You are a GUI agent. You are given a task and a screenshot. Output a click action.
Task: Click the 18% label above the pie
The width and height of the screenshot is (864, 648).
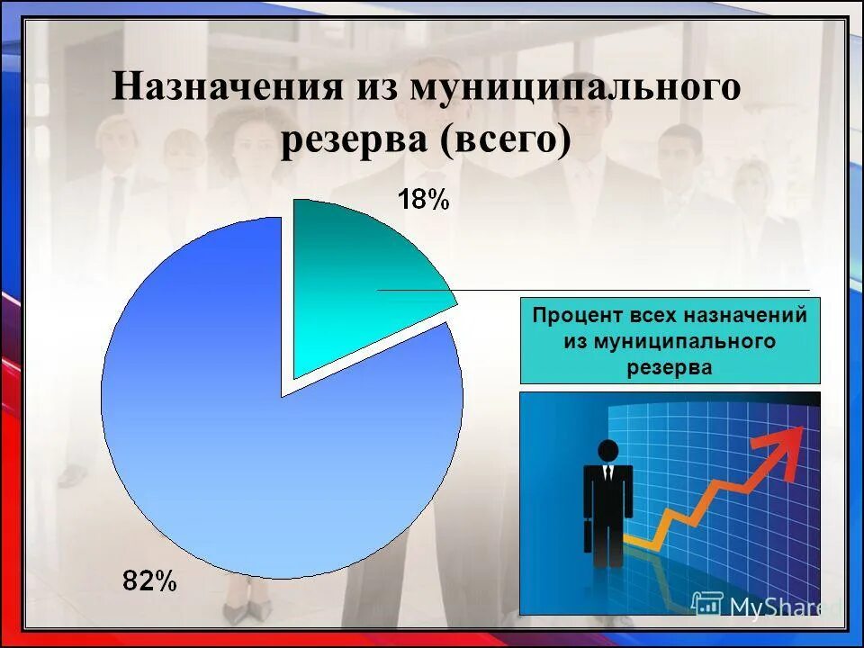point(423,200)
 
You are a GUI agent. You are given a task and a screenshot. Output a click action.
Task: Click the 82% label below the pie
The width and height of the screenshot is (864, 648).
point(150,581)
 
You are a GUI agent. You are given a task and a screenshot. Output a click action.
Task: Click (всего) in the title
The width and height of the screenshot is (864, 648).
point(506,141)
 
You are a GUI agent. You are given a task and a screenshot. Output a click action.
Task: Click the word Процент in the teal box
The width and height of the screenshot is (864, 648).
point(571,317)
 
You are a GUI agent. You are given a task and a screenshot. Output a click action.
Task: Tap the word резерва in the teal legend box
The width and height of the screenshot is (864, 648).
point(670,366)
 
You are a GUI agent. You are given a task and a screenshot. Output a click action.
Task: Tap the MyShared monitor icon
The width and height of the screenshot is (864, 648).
point(707,605)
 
